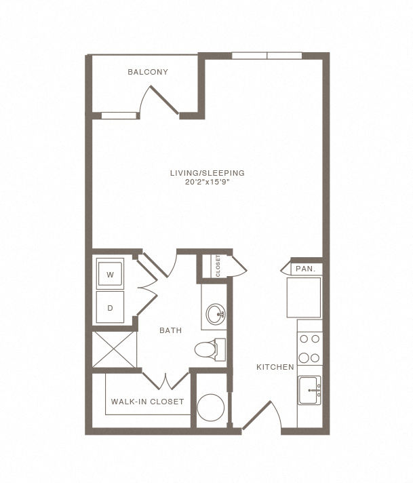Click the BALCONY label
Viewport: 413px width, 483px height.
[148, 72]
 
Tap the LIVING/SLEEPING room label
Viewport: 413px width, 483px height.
[208, 173]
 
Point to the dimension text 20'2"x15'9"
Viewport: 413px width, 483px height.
[208, 182]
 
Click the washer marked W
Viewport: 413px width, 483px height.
[110, 273]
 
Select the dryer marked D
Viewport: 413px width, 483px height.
[110, 307]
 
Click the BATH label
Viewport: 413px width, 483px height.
[170, 330]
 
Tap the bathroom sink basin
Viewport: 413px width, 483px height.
[216, 314]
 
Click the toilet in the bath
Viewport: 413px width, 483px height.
[210, 349]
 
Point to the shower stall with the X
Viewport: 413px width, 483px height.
[114, 349]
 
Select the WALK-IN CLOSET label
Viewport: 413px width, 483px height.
[147, 402]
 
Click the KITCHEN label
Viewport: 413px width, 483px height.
[275, 367]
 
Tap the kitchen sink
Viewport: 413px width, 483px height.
[309, 390]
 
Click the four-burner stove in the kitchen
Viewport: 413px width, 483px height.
[309, 349]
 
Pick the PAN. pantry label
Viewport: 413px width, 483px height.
[306, 269]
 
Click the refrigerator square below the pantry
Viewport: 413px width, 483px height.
[304, 297]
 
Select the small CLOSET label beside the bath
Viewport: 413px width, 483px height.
[218, 266]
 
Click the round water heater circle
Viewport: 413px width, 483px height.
[211, 408]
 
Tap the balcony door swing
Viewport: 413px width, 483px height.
[159, 102]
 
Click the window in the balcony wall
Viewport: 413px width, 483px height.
[119, 115]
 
